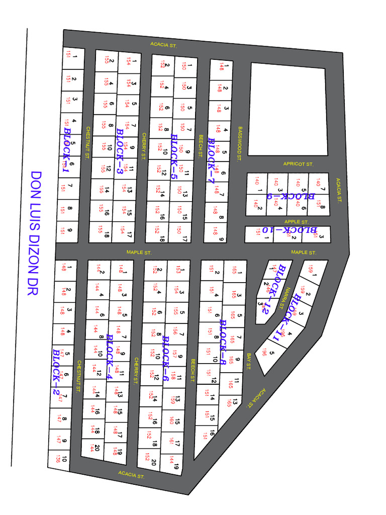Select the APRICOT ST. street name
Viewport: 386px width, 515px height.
pyautogui.click(x=298, y=164)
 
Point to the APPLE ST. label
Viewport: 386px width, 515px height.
pyautogui.click(x=296, y=222)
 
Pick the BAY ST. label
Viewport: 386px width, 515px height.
pyautogui.click(x=249, y=363)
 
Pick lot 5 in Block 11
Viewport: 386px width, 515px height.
pyautogui.click(x=269, y=353)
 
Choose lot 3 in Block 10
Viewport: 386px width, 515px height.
pyautogui.click(x=319, y=234)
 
